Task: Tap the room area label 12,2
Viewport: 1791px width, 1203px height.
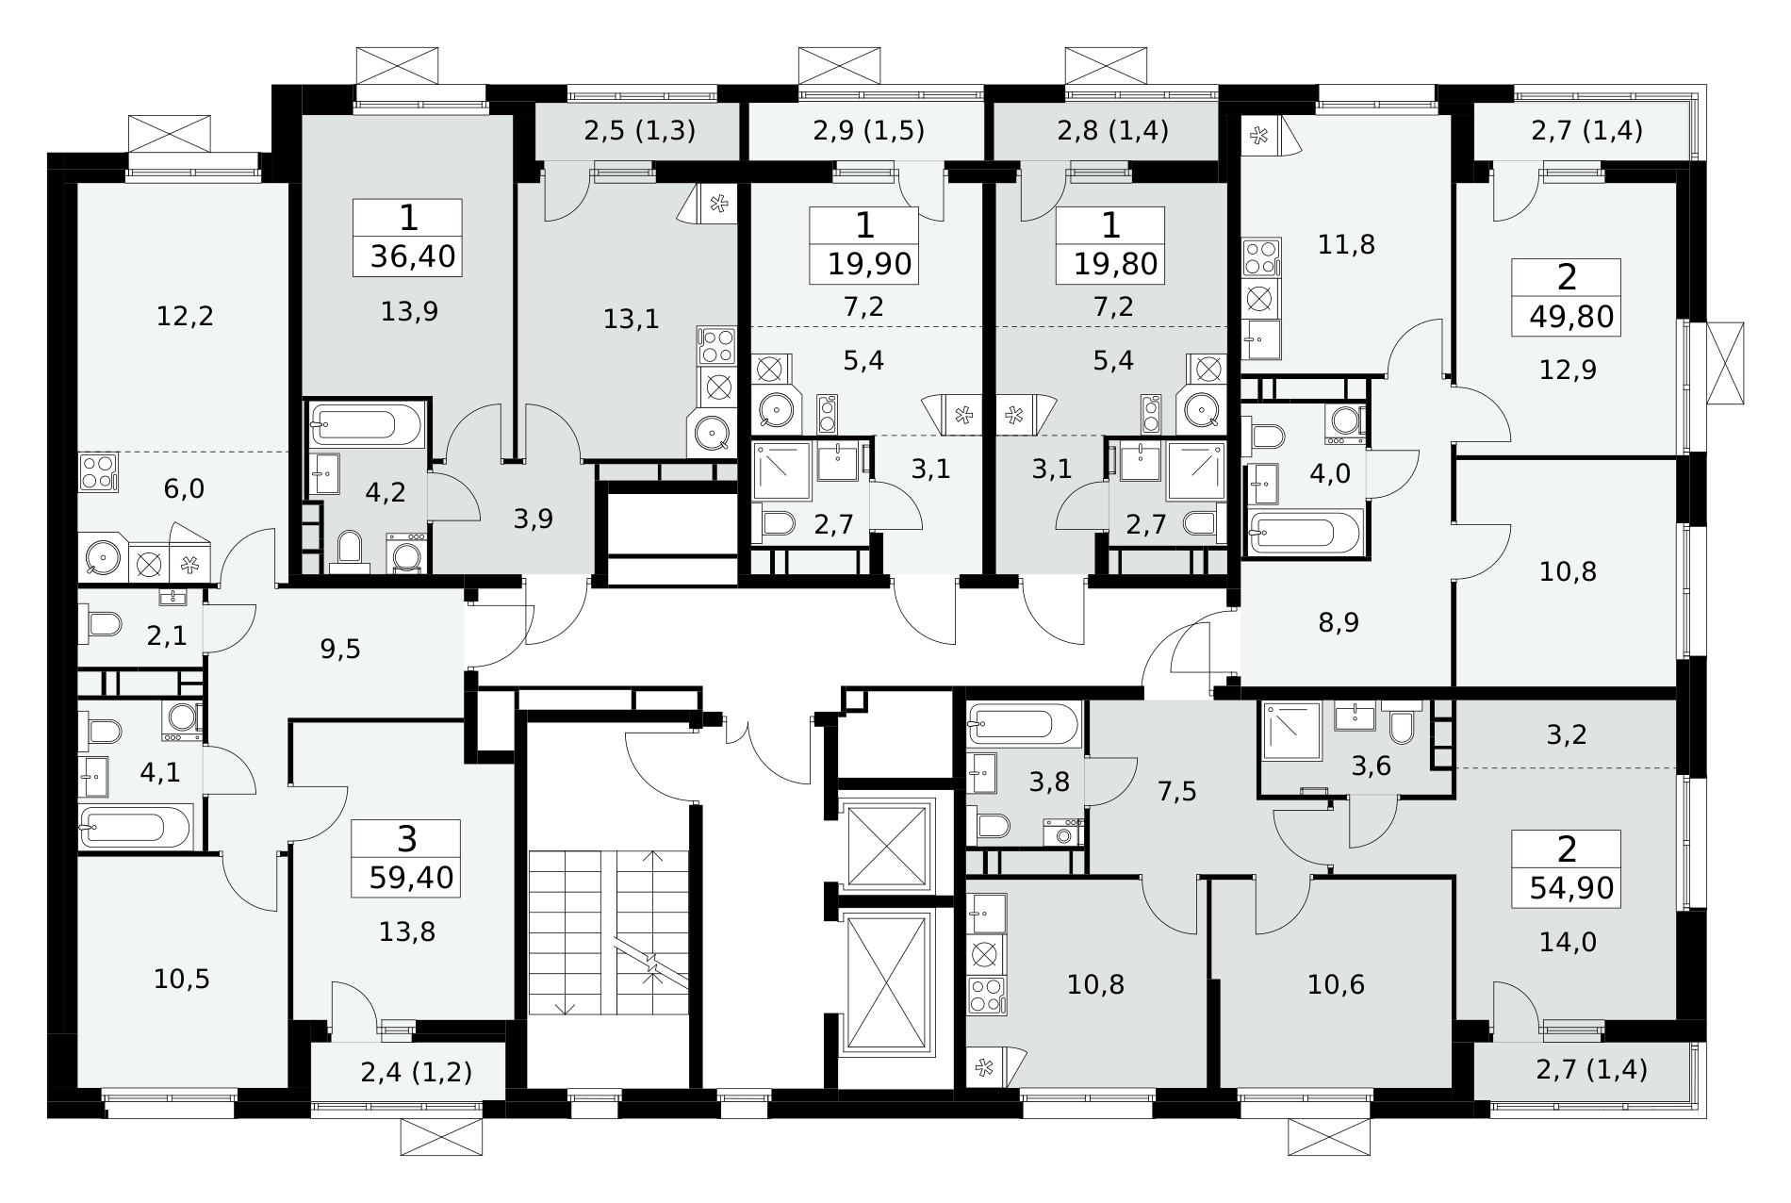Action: pos(186,316)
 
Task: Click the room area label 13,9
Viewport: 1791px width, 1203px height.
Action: pos(409,311)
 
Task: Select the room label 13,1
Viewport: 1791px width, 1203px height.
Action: pos(631,320)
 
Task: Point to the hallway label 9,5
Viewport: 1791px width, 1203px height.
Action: pos(340,649)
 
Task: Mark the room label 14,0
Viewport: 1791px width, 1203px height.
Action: pos(1567,942)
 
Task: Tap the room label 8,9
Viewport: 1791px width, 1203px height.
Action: pos(1339,623)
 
